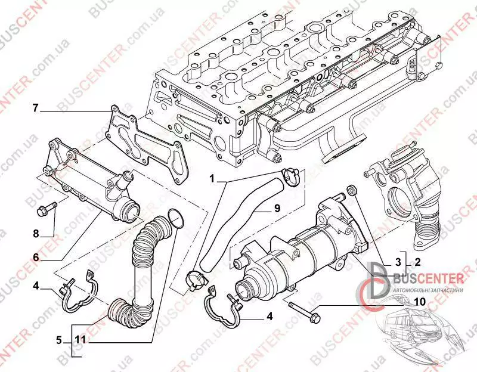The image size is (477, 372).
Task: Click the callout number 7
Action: [35, 108]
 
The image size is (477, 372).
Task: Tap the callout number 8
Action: [35, 233]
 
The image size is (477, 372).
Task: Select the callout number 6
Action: [35, 258]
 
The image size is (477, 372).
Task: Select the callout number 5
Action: [59, 341]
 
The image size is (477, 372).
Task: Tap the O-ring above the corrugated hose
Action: [174, 218]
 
